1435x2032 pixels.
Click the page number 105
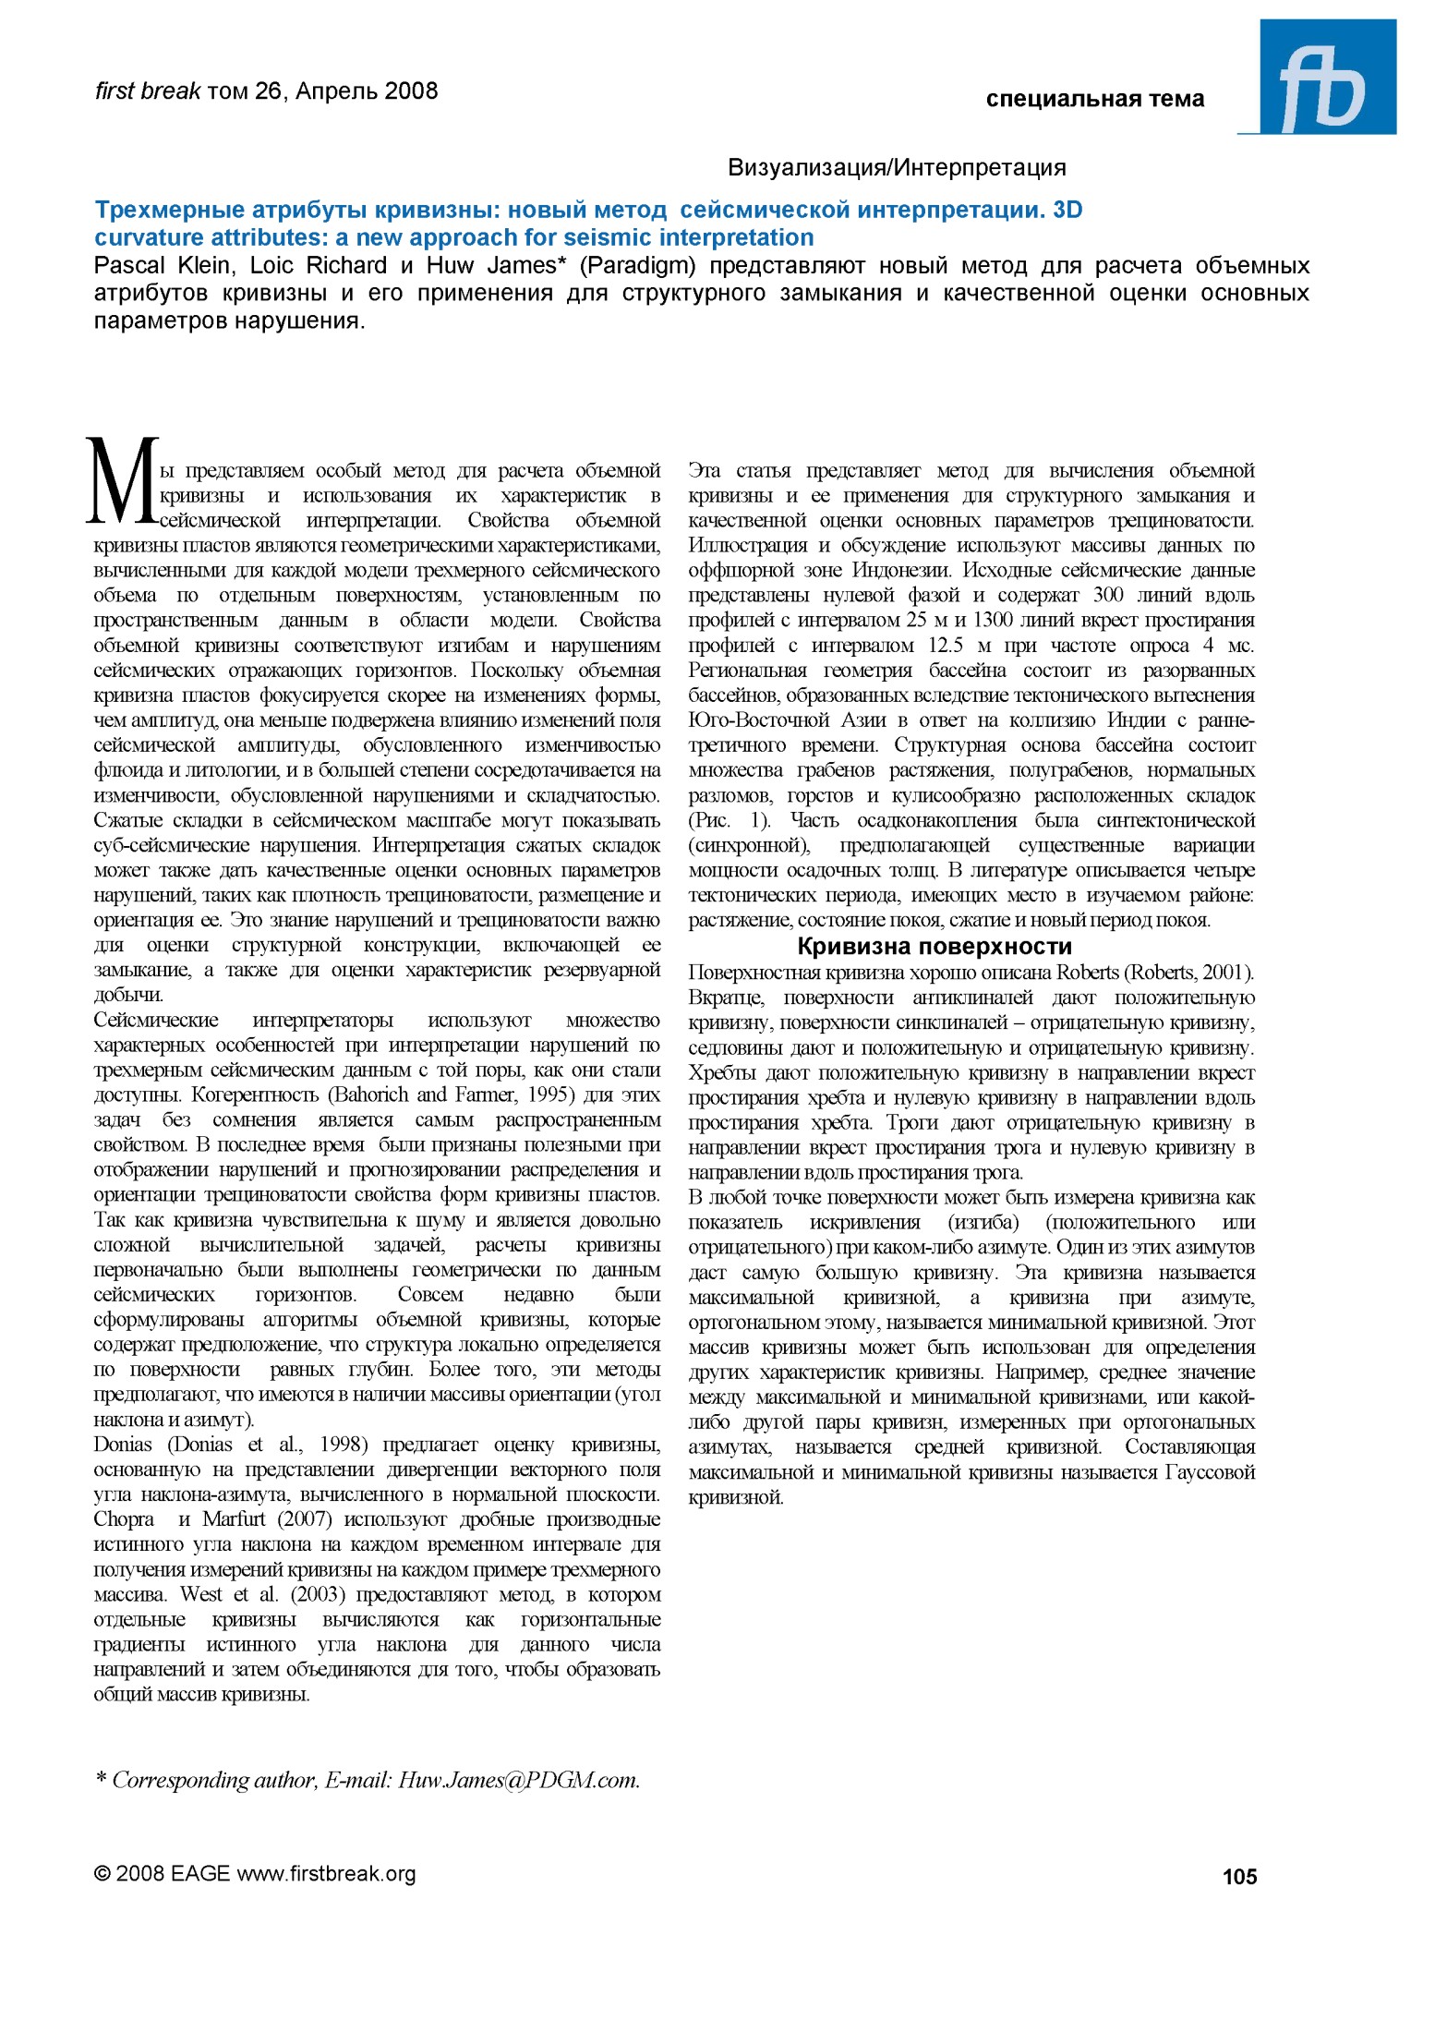click(x=1239, y=1876)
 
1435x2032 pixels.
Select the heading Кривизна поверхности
click(x=935, y=947)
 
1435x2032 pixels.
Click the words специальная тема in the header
click(x=1094, y=99)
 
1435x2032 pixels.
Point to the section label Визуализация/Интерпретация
click(x=897, y=168)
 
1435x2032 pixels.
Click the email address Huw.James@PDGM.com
click(x=519, y=1780)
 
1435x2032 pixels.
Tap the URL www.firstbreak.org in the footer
click(x=326, y=1873)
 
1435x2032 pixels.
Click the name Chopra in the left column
click(x=124, y=1519)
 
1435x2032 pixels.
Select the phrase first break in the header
click(x=148, y=91)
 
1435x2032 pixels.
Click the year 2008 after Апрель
click(x=411, y=91)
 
